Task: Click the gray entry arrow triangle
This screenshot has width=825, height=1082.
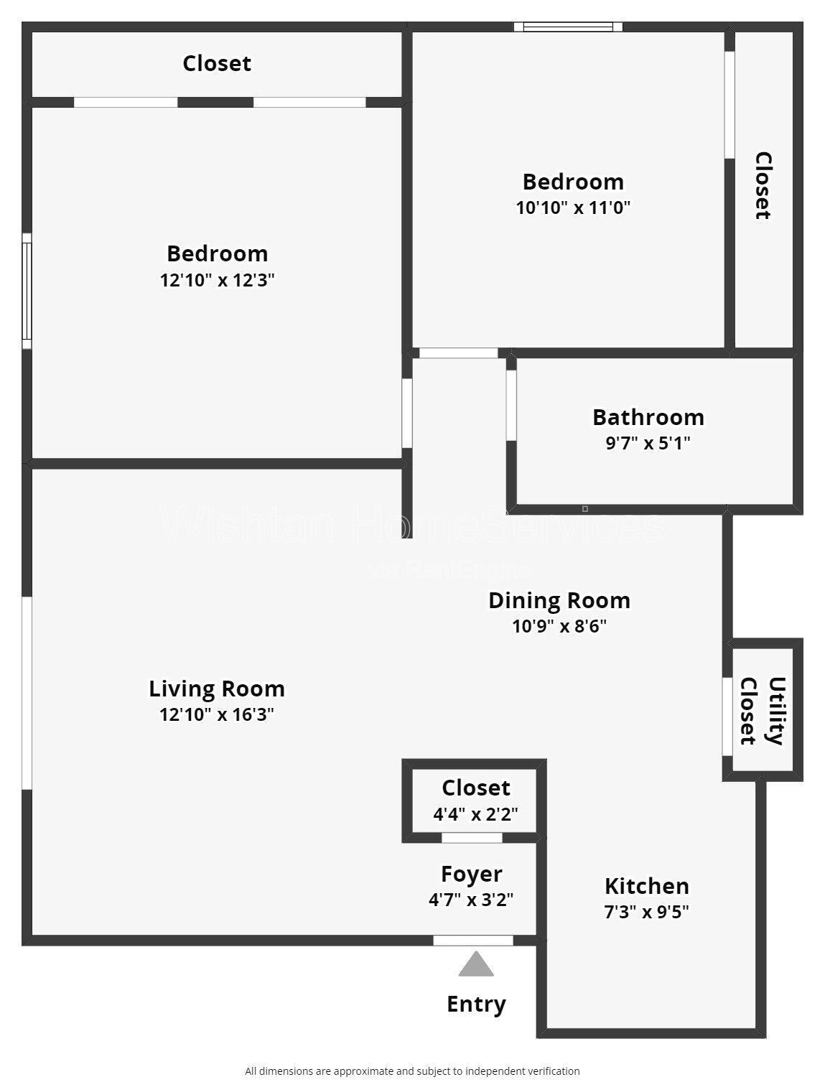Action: coord(476,965)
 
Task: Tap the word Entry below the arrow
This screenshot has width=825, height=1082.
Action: coord(476,1004)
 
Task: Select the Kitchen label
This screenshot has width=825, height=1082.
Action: coord(646,886)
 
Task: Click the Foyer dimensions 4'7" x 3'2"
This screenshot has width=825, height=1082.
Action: coord(471,900)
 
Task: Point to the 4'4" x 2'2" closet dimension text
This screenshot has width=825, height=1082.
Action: coord(475,814)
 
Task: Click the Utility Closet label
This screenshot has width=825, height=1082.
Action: coord(762,711)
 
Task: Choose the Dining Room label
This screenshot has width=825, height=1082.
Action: coord(559,600)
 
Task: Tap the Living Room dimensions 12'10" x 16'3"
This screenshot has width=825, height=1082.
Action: coord(217,714)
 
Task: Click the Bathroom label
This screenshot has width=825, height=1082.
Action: coord(648,417)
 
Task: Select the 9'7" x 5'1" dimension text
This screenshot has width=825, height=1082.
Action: coord(648,443)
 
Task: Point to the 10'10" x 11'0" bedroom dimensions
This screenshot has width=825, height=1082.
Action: coord(573,207)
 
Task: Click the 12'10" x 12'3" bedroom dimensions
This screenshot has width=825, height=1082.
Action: coord(217,279)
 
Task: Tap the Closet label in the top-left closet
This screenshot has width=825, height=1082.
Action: coord(217,63)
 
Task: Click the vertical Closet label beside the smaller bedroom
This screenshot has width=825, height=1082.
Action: coord(763,185)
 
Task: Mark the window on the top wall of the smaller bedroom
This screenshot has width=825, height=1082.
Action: coord(568,27)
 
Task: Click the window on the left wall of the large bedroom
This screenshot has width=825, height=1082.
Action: coord(27,291)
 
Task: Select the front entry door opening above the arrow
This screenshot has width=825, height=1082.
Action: coord(473,941)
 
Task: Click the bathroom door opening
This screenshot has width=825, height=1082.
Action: coord(511,405)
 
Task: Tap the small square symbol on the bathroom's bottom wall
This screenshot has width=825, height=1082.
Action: coord(585,509)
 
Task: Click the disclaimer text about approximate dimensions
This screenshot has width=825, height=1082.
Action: coord(412,1071)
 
